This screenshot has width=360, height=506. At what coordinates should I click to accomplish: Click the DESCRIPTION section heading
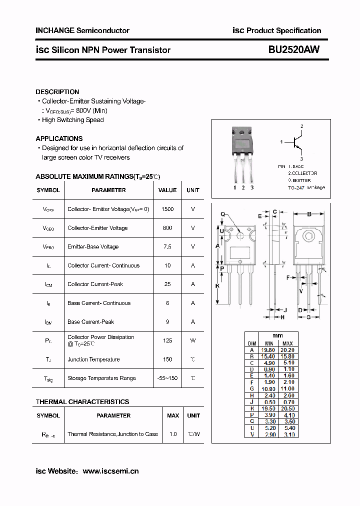coord(57,92)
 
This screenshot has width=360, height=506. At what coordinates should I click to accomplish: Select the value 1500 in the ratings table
coord(167,209)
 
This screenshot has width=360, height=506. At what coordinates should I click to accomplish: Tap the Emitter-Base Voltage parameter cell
coord(93,247)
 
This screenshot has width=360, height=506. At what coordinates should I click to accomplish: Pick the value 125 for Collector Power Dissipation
coord(167,340)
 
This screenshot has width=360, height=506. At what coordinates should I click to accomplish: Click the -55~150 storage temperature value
coord(167,378)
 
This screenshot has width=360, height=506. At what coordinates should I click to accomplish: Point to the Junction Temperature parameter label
coord(93,359)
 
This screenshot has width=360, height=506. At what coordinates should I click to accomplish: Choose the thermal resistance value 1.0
coord(173,434)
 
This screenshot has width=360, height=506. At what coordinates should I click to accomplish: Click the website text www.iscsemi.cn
coord(110,471)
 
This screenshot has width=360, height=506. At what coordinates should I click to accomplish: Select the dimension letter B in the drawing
coord(309,214)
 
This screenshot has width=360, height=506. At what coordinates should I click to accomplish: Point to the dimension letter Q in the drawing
coord(223,214)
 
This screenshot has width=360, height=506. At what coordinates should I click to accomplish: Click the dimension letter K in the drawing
coord(217,286)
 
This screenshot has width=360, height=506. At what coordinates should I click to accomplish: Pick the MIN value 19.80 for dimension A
coord(269,350)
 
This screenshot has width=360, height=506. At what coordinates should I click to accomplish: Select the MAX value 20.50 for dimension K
coord(288,408)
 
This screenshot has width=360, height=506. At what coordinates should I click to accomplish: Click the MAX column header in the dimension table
coord(288,343)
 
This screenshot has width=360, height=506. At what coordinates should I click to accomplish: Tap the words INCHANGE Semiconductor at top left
coord(82,30)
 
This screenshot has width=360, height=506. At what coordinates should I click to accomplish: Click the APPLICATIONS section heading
coord(59,138)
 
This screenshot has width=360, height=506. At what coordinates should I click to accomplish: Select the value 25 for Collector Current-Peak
coord(167,284)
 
